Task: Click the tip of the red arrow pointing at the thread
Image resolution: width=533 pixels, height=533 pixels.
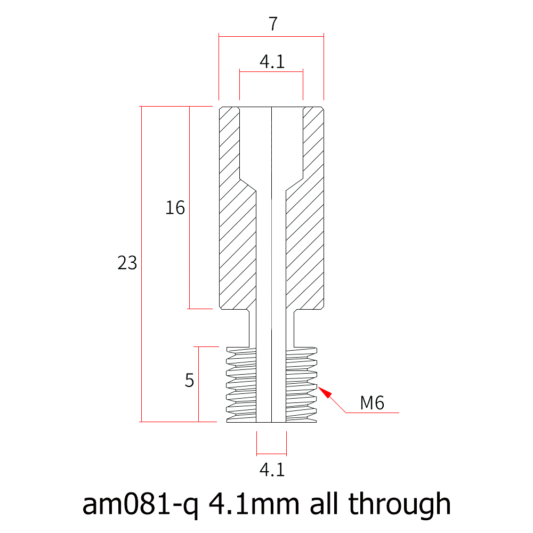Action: point(318,386)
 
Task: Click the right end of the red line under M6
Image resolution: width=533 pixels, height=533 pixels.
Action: point(399,413)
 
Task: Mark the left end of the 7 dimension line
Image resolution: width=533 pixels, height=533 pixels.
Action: point(219,36)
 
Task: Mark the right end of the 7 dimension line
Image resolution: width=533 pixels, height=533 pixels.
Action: point(324,36)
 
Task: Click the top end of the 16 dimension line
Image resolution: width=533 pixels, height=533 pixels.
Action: point(189,107)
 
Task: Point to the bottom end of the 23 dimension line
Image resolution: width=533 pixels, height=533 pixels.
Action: point(141,422)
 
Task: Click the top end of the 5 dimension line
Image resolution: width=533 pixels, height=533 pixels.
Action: point(198,347)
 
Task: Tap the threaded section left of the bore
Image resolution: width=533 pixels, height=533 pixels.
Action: point(241,384)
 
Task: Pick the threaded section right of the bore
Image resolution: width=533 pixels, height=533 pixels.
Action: point(302,384)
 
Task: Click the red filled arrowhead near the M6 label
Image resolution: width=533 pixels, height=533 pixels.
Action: point(325,392)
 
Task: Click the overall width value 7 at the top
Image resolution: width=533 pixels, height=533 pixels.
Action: point(273,24)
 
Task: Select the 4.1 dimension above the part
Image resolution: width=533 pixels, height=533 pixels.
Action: point(272,61)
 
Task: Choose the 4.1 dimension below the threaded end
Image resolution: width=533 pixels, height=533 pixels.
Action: point(272,470)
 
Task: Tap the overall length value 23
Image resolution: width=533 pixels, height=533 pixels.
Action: point(127,263)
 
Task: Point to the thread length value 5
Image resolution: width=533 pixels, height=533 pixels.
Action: point(189,381)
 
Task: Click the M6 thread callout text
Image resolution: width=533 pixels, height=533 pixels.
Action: point(372,403)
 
